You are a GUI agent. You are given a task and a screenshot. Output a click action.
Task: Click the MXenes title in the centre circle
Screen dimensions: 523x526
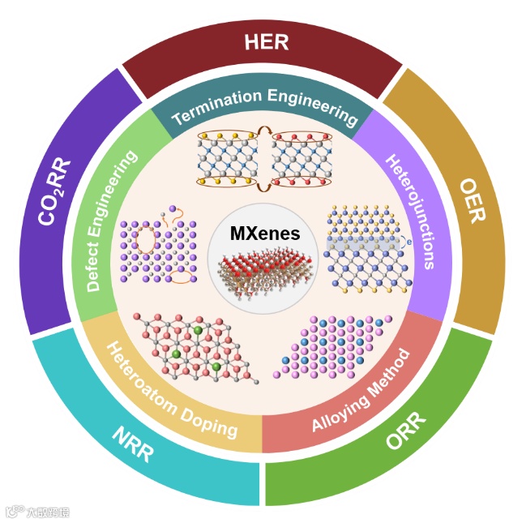263,234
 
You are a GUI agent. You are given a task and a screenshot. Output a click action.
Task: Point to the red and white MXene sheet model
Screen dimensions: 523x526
264,272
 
